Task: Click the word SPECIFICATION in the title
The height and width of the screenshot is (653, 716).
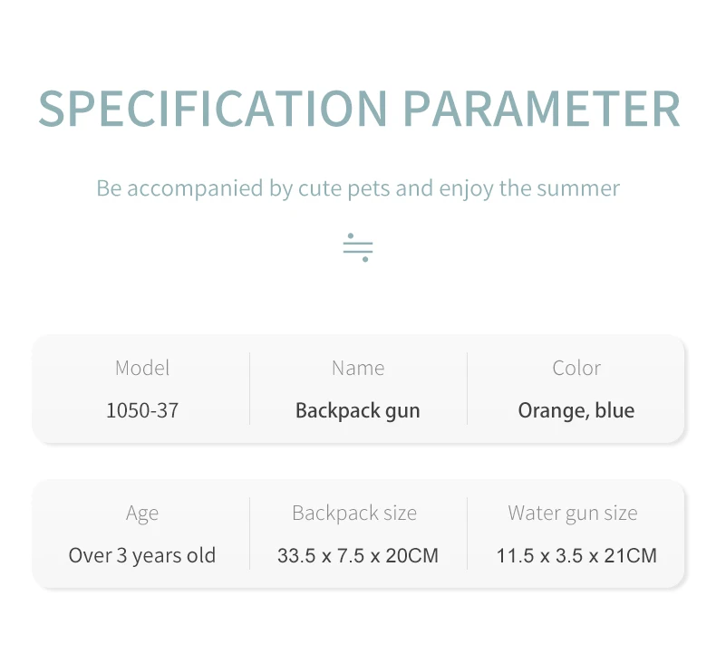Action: pyautogui.click(x=213, y=109)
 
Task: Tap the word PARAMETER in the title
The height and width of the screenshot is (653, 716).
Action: pyautogui.click(x=542, y=109)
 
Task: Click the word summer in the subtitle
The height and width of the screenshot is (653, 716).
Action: pyautogui.click(x=578, y=188)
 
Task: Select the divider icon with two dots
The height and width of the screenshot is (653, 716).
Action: pyautogui.click(x=358, y=248)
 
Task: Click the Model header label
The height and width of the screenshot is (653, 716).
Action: pyautogui.click(x=142, y=368)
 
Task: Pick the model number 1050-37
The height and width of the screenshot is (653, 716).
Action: pyautogui.click(x=142, y=410)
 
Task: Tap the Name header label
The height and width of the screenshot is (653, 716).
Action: pyautogui.click(x=358, y=368)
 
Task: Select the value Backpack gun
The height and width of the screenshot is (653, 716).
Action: pyautogui.click(x=357, y=410)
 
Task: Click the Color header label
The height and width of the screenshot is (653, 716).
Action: pyautogui.click(x=576, y=368)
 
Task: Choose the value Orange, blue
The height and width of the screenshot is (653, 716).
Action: pyautogui.click(x=576, y=410)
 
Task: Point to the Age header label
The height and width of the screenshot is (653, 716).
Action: pyautogui.click(x=142, y=514)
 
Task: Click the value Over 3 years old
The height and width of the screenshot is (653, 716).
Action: pyautogui.click(x=142, y=556)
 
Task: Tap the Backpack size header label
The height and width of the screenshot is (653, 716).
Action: pyautogui.click(x=354, y=514)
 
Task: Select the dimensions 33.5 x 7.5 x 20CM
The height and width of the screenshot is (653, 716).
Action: pyautogui.click(x=358, y=556)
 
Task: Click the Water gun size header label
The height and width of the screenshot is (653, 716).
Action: pyautogui.click(x=573, y=514)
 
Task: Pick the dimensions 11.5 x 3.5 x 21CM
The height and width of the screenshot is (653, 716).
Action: pyautogui.click(x=576, y=556)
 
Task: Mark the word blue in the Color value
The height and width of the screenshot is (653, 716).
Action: pyautogui.click(x=614, y=410)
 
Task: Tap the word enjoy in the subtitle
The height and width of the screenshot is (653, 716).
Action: pyautogui.click(x=466, y=189)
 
